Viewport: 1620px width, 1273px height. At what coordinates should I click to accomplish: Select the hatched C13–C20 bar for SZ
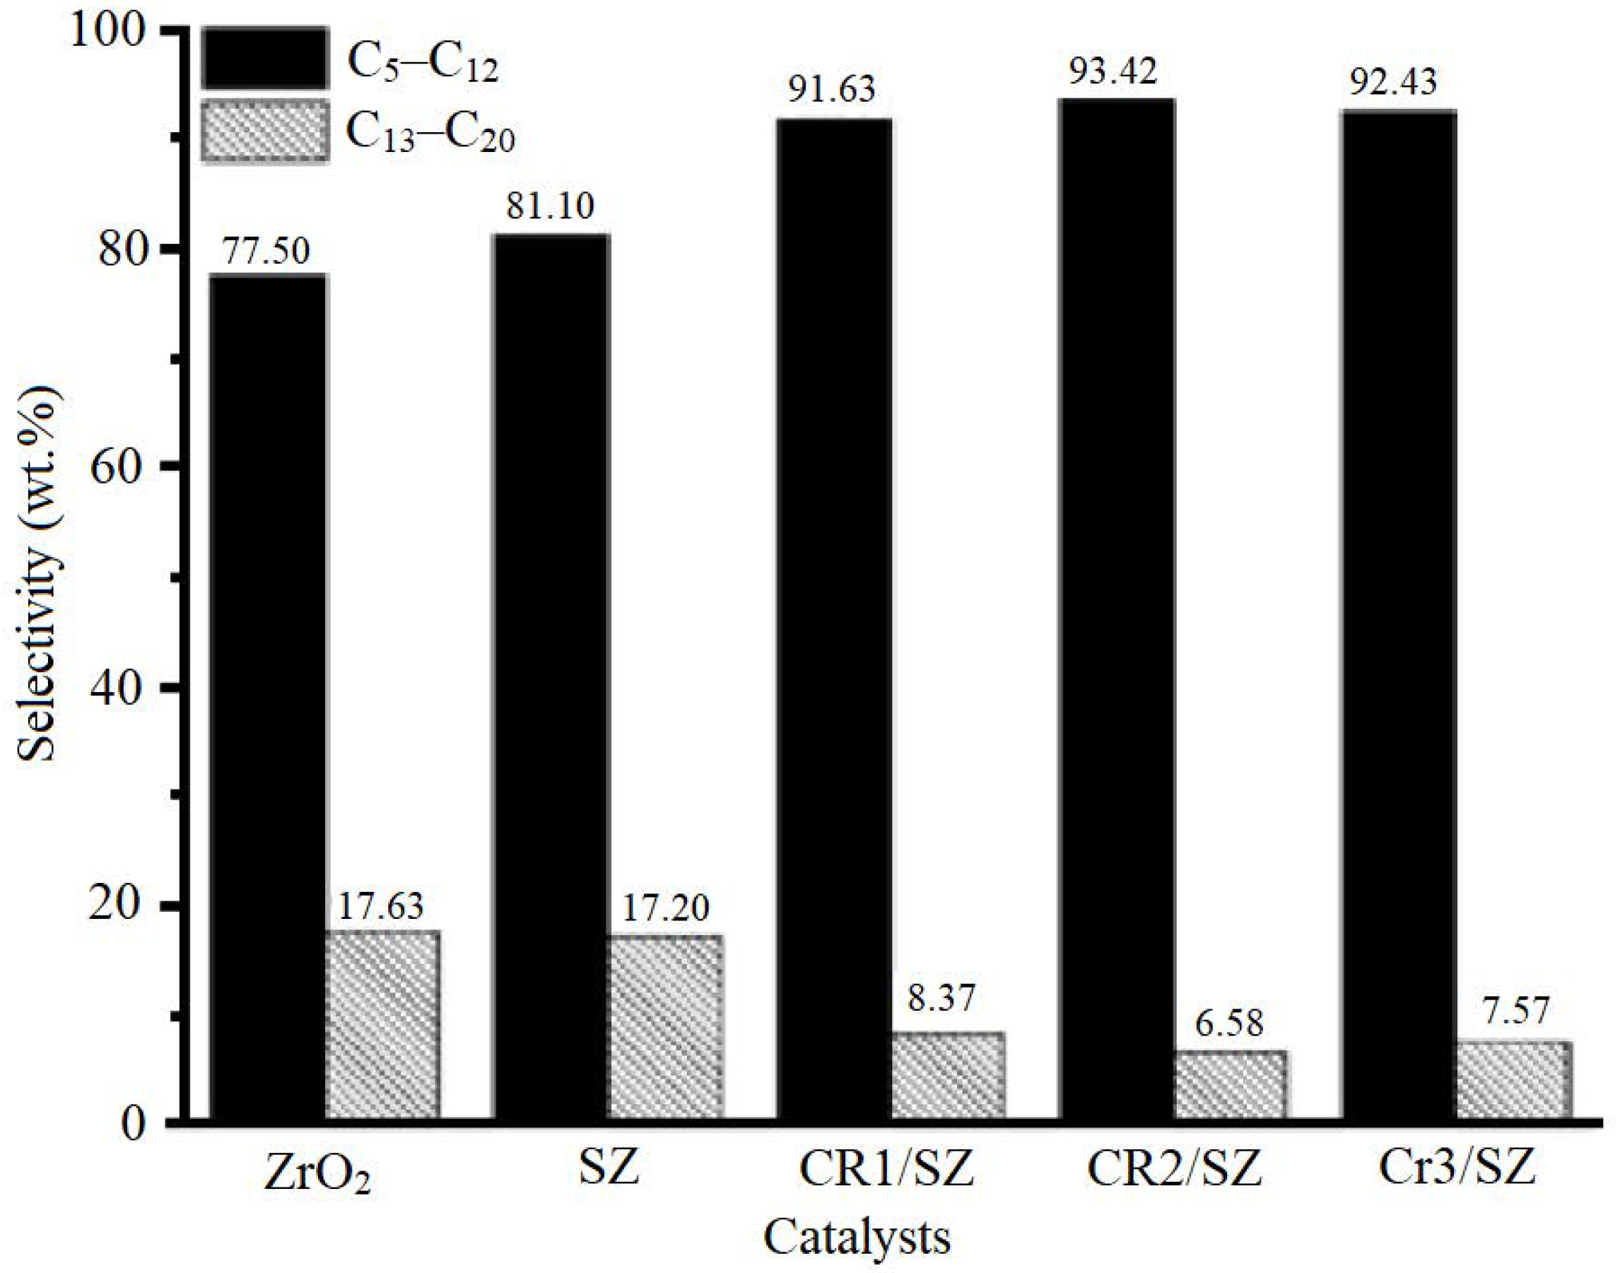click(x=664, y=1026)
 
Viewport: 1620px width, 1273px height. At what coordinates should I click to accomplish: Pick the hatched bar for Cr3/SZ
click(x=1514, y=1080)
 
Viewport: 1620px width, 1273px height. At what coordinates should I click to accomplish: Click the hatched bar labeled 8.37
click(x=947, y=1076)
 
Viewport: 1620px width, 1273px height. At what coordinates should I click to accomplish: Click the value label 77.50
click(x=266, y=251)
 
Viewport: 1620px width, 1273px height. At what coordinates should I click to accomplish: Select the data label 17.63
click(x=381, y=906)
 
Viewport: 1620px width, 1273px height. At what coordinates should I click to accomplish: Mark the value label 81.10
click(x=551, y=206)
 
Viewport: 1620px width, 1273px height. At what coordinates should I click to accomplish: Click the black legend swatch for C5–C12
click(x=264, y=59)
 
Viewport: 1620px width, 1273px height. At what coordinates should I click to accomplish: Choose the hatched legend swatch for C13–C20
click(x=264, y=131)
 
